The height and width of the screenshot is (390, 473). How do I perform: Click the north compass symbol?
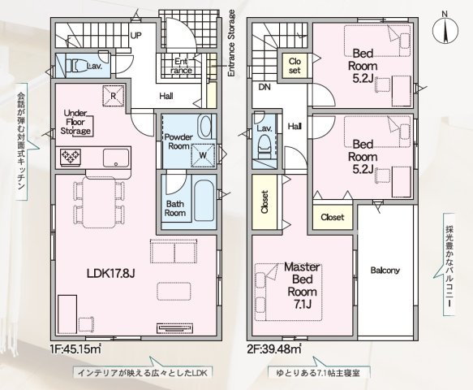[445, 29]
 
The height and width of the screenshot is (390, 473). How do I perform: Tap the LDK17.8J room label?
[110, 273]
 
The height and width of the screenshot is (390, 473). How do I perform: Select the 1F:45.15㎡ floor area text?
[76, 349]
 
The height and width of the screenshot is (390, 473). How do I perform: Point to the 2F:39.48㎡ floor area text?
[275, 349]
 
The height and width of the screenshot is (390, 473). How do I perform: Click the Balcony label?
[385, 270]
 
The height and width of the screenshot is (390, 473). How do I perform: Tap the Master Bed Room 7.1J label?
[302, 285]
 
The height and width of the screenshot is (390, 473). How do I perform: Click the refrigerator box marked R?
[113, 96]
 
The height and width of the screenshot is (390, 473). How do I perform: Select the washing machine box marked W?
[204, 155]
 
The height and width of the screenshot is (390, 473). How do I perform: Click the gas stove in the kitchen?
[71, 157]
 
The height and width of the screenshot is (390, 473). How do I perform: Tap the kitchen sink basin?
[116, 158]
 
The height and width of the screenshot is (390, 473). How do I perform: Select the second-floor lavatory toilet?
[264, 146]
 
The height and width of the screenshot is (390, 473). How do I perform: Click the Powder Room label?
[178, 141]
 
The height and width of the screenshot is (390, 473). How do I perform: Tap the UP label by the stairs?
[135, 36]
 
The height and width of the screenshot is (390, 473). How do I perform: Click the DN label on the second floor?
[264, 87]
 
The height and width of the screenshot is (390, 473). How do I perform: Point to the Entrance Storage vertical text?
[231, 43]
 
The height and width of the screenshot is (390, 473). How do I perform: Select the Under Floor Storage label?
[75, 122]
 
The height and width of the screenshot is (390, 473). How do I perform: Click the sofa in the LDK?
[174, 251]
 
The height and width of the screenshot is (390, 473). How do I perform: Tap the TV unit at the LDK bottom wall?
[174, 328]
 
